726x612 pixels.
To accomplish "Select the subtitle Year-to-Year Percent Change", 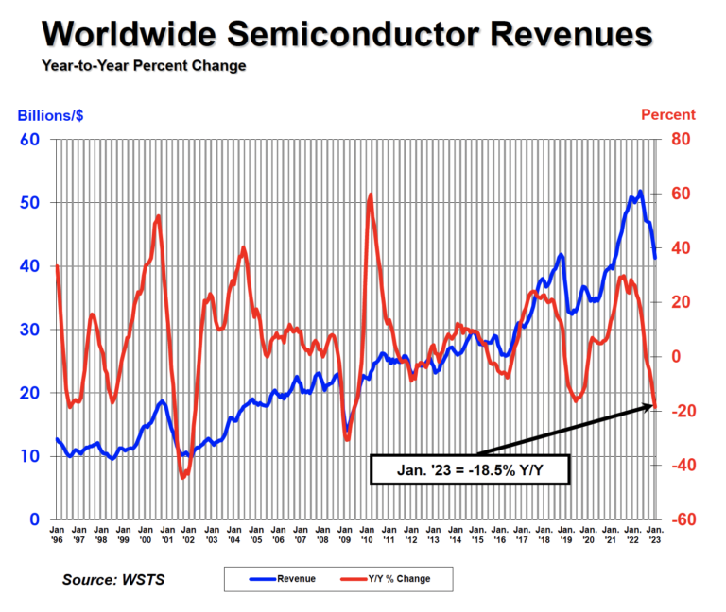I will (x=144, y=66).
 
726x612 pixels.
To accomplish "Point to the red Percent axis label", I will (x=667, y=115).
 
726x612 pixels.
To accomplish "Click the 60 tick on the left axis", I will (x=29, y=140).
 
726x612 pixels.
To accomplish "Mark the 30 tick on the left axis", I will (x=29, y=330).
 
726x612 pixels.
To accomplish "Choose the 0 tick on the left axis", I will (x=34, y=519).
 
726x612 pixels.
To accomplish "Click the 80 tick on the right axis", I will (x=683, y=140).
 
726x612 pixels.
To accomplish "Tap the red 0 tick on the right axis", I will (x=676, y=357).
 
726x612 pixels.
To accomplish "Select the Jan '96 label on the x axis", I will (x=57, y=535).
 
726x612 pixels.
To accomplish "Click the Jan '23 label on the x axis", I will (x=654, y=535).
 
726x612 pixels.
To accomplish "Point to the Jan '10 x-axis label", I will (x=367, y=535).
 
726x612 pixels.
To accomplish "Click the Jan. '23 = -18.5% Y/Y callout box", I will (x=470, y=469).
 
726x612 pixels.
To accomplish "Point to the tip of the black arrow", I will (x=654, y=405).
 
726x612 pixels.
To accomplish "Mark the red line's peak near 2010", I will (x=370, y=195).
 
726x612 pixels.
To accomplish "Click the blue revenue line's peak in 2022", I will (x=640, y=192).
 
